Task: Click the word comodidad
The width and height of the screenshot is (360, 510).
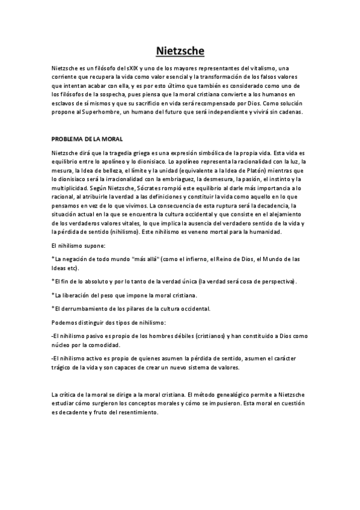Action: pos(105,345)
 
